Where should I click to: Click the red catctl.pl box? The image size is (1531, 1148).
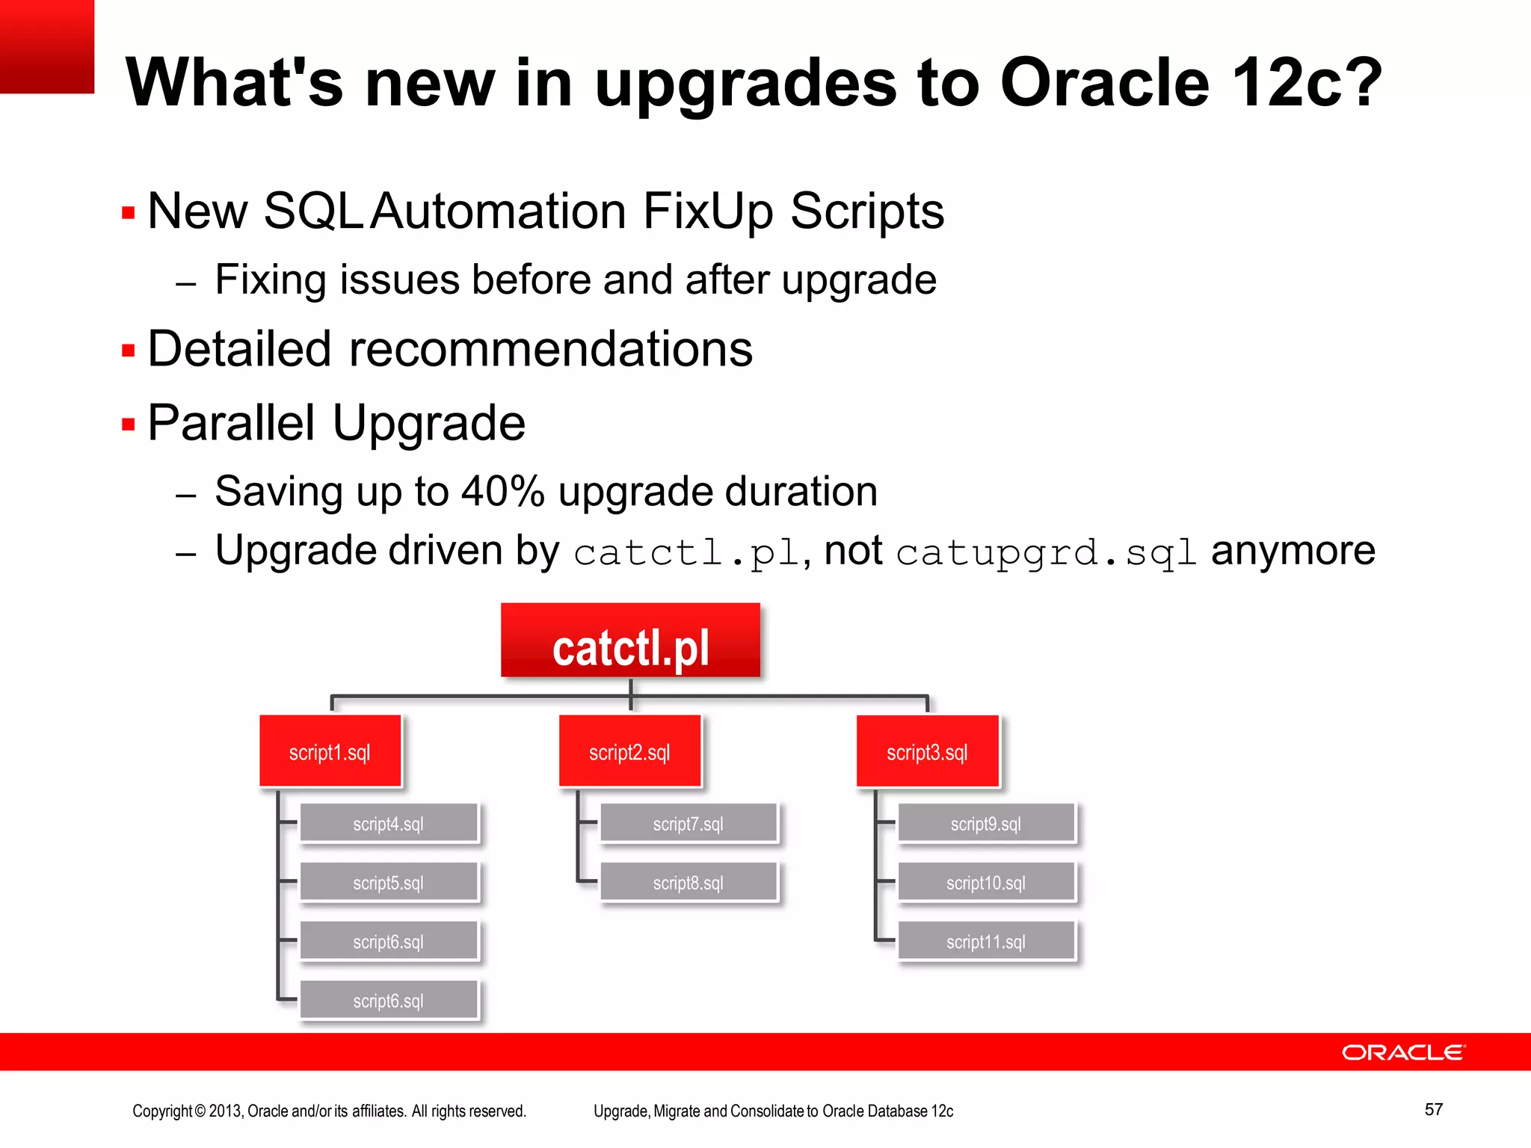pos(630,641)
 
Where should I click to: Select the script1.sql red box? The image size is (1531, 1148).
pos(330,751)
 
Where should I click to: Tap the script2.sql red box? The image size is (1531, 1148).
pos(629,751)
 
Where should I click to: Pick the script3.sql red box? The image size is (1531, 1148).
pos(927,751)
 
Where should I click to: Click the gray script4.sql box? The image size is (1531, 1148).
pos(389,823)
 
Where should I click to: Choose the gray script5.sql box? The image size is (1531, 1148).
pos(389,882)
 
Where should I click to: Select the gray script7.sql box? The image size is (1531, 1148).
pos(689,823)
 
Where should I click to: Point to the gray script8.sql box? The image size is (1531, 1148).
pos(689,882)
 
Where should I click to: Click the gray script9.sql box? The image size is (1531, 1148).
pos(986,823)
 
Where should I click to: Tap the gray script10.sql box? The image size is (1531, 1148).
pos(986,882)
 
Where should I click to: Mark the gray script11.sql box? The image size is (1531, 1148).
pos(986,941)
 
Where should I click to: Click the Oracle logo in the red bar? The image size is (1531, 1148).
pos(1403,1052)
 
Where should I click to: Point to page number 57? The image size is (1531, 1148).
pos(1433,1109)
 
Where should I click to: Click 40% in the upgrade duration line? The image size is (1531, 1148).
pos(502,492)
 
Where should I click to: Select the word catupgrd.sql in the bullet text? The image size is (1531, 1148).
pos(1047,553)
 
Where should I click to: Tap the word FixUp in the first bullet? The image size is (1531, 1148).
pos(707,211)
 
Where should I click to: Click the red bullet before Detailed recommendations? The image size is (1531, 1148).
pos(129,351)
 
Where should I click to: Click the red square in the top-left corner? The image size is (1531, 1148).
pos(46,46)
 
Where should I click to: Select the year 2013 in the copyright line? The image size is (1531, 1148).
pos(225,1111)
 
